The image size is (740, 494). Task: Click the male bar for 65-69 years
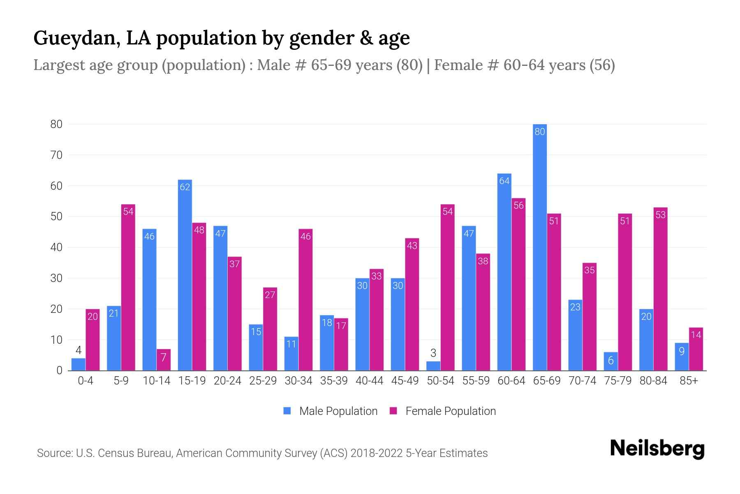click(539, 247)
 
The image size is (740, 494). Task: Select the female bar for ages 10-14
click(163, 360)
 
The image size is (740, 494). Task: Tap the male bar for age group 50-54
click(433, 366)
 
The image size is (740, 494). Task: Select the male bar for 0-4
click(79, 364)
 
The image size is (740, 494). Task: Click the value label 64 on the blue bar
click(504, 181)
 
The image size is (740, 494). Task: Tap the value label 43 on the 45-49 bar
click(412, 246)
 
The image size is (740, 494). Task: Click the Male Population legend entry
click(331, 411)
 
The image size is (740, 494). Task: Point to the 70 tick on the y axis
click(56, 155)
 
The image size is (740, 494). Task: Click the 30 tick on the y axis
click(56, 278)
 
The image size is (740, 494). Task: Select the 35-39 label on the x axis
click(334, 381)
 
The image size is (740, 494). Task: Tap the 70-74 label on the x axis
click(582, 381)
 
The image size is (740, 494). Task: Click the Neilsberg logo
click(657, 449)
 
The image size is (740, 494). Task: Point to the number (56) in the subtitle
click(602, 65)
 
